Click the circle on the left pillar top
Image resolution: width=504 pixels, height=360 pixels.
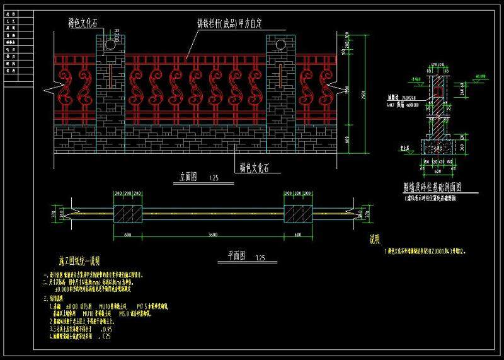(x=111, y=45)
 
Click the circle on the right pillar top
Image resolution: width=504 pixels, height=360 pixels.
(x=280, y=45)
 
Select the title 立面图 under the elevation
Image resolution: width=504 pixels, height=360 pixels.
(x=183, y=178)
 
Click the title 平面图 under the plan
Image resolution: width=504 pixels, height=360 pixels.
(x=240, y=257)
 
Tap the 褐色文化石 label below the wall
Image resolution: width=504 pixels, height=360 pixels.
(x=260, y=168)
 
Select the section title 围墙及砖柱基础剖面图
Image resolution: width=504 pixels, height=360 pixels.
(x=433, y=187)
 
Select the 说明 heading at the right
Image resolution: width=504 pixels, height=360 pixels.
(x=376, y=240)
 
